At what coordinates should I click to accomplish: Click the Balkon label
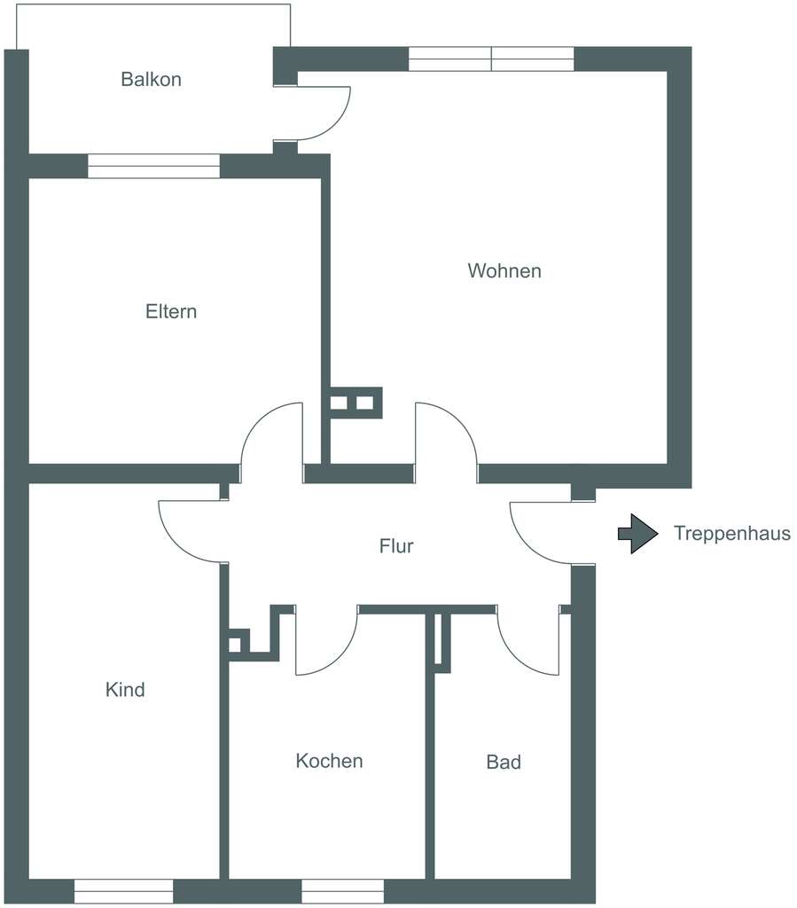tap(151, 79)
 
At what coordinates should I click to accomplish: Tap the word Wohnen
tap(504, 270)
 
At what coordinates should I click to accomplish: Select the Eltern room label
tap(171, 311)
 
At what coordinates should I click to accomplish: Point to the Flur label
tap(396, 546)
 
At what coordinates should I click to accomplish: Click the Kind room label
tap(125, 689)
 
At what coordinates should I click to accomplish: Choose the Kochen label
tap(329, 761)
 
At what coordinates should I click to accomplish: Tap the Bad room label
tap(504, 762)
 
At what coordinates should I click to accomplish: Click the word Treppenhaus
tap(732, 534)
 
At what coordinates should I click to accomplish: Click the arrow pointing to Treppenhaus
tap(637, 534)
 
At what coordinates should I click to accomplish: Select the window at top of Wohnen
tap(491, 59)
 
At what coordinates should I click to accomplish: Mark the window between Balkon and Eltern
tap(153, 166)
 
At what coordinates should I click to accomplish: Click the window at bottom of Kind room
tap(123, 890)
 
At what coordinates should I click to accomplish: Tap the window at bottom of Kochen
tap(342, 890)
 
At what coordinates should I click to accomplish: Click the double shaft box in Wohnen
tap(353, 403)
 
